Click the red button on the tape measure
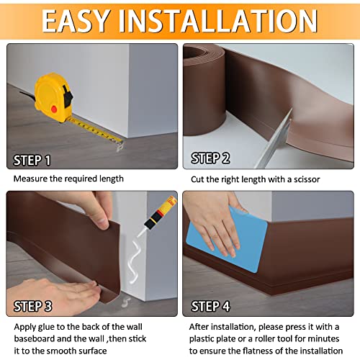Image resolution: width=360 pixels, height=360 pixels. (x=54, y=109)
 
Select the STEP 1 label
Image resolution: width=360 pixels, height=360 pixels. (x=32, y=160)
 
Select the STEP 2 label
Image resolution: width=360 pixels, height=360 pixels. (x=210, y=158)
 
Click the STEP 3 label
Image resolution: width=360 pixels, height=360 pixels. (x=32, y=305)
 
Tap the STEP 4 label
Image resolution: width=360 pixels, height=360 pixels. (x=210, y=306)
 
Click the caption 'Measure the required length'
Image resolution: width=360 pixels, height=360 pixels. (x=68, y=179)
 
